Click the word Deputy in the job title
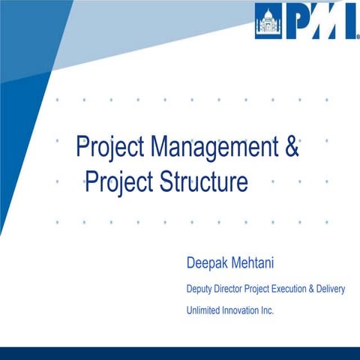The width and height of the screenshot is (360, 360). tap(201, 289)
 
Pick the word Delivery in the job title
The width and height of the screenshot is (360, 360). tap(331, 289)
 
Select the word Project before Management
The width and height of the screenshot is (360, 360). tap(111, 147)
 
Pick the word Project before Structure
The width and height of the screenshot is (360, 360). tap(120, 182)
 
